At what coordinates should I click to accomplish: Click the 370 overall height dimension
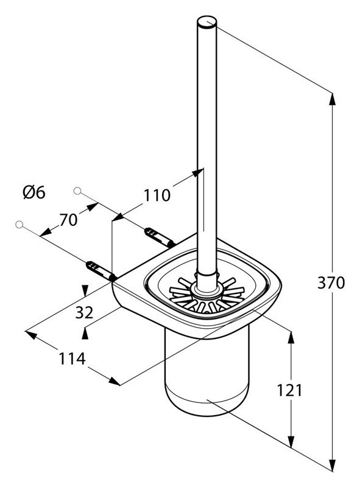[x=331, y=283]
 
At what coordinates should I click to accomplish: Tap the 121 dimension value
[x=289, y=390]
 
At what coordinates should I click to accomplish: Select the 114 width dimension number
[x=72, y=359]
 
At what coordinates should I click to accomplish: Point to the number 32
[x=84, y=312]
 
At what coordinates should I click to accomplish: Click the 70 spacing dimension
[x=68, y=220]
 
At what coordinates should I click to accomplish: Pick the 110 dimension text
[x=157, y=195]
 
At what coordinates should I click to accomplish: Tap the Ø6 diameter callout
[x=34, y=192]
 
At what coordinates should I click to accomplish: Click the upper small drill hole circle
[x=77, y=191]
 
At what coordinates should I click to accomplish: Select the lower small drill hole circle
[x=19, y=224]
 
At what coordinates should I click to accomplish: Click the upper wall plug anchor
[x=160, y=237]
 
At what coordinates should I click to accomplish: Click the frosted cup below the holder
[x=206, y=373]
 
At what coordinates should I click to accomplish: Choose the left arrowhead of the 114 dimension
[x=31, y=335]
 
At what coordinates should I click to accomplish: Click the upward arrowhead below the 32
[x=85, y=334]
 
